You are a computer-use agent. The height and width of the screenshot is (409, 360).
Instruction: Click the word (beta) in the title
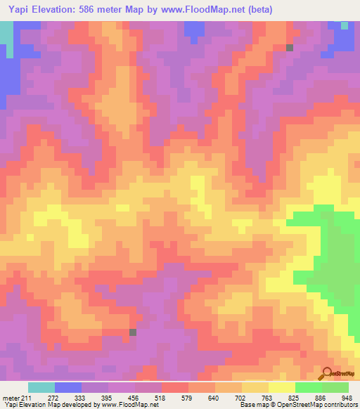[x=257, y=10]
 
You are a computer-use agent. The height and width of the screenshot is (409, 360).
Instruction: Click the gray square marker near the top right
[x=290, y=48]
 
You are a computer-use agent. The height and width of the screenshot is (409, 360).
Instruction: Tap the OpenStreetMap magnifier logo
[x=328, y=373]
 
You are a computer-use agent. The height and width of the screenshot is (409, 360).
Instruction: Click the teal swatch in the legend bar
[x=41, y=387]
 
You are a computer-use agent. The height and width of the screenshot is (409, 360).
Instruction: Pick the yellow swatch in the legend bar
[x=282, y=387]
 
